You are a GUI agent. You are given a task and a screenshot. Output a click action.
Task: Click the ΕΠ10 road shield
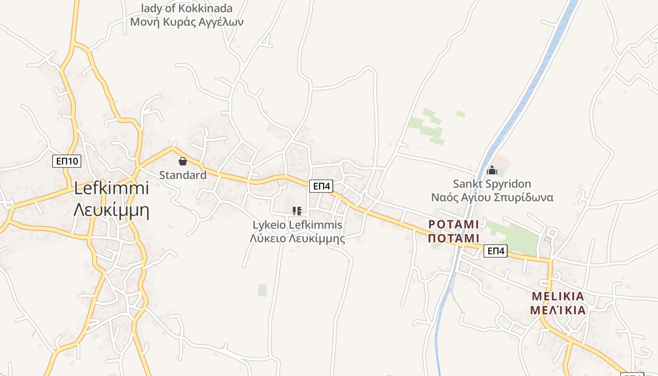pos(67,162)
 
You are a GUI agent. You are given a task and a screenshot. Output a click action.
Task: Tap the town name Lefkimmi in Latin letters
pos(111,188)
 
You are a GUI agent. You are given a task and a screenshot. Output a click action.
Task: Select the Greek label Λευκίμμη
pos(111,210)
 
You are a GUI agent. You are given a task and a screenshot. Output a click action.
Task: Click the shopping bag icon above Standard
pos(183,161)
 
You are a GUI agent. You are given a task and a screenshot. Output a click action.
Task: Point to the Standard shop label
pos(183,175)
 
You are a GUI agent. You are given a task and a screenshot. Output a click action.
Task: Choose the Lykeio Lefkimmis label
pos(298,225)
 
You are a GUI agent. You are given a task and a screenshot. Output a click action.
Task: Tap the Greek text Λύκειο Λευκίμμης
pos(298,238)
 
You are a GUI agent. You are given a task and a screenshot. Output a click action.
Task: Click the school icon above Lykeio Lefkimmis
pos(297,211)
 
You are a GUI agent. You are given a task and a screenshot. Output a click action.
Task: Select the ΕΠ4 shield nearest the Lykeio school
pos(321,186)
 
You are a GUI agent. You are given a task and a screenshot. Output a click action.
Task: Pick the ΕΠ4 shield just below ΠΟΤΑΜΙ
pos(496,251)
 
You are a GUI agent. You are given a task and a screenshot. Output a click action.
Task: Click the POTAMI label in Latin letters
pos(454,225)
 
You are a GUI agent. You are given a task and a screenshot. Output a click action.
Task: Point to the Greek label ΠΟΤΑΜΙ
pos(454,238)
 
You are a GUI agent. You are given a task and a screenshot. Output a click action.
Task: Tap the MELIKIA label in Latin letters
pos(558,297)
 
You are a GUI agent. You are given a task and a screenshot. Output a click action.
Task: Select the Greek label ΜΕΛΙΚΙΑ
pos(558,310)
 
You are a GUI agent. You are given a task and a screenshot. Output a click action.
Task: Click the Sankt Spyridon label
pos(492,184)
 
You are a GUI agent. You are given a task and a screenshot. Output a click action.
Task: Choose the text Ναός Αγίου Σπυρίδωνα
pos(492,197)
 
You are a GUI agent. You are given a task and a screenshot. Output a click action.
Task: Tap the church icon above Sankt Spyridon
pos(492,170)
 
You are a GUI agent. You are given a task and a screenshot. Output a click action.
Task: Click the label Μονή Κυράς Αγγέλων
pos(187,22)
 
